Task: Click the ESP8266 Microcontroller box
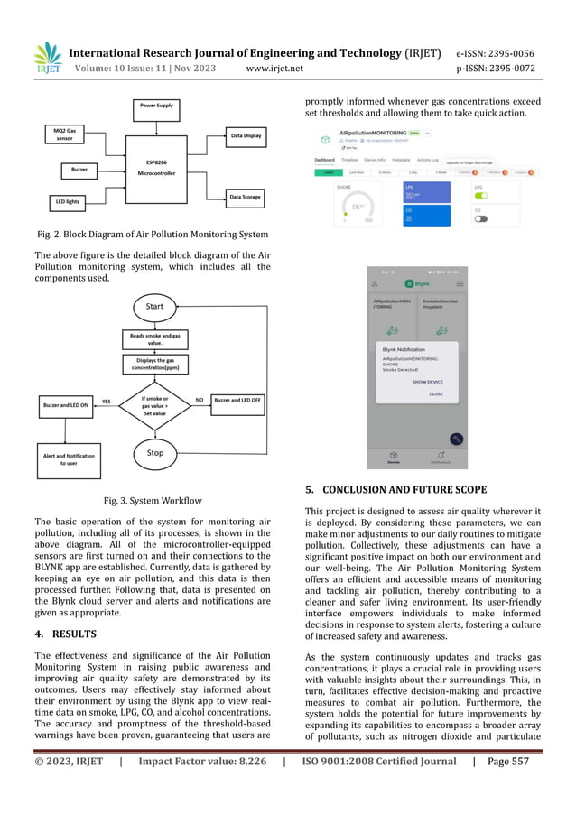161,168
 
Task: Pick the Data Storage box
246,197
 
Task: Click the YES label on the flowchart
106,402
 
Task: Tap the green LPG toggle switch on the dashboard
482,195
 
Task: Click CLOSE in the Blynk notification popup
435,394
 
